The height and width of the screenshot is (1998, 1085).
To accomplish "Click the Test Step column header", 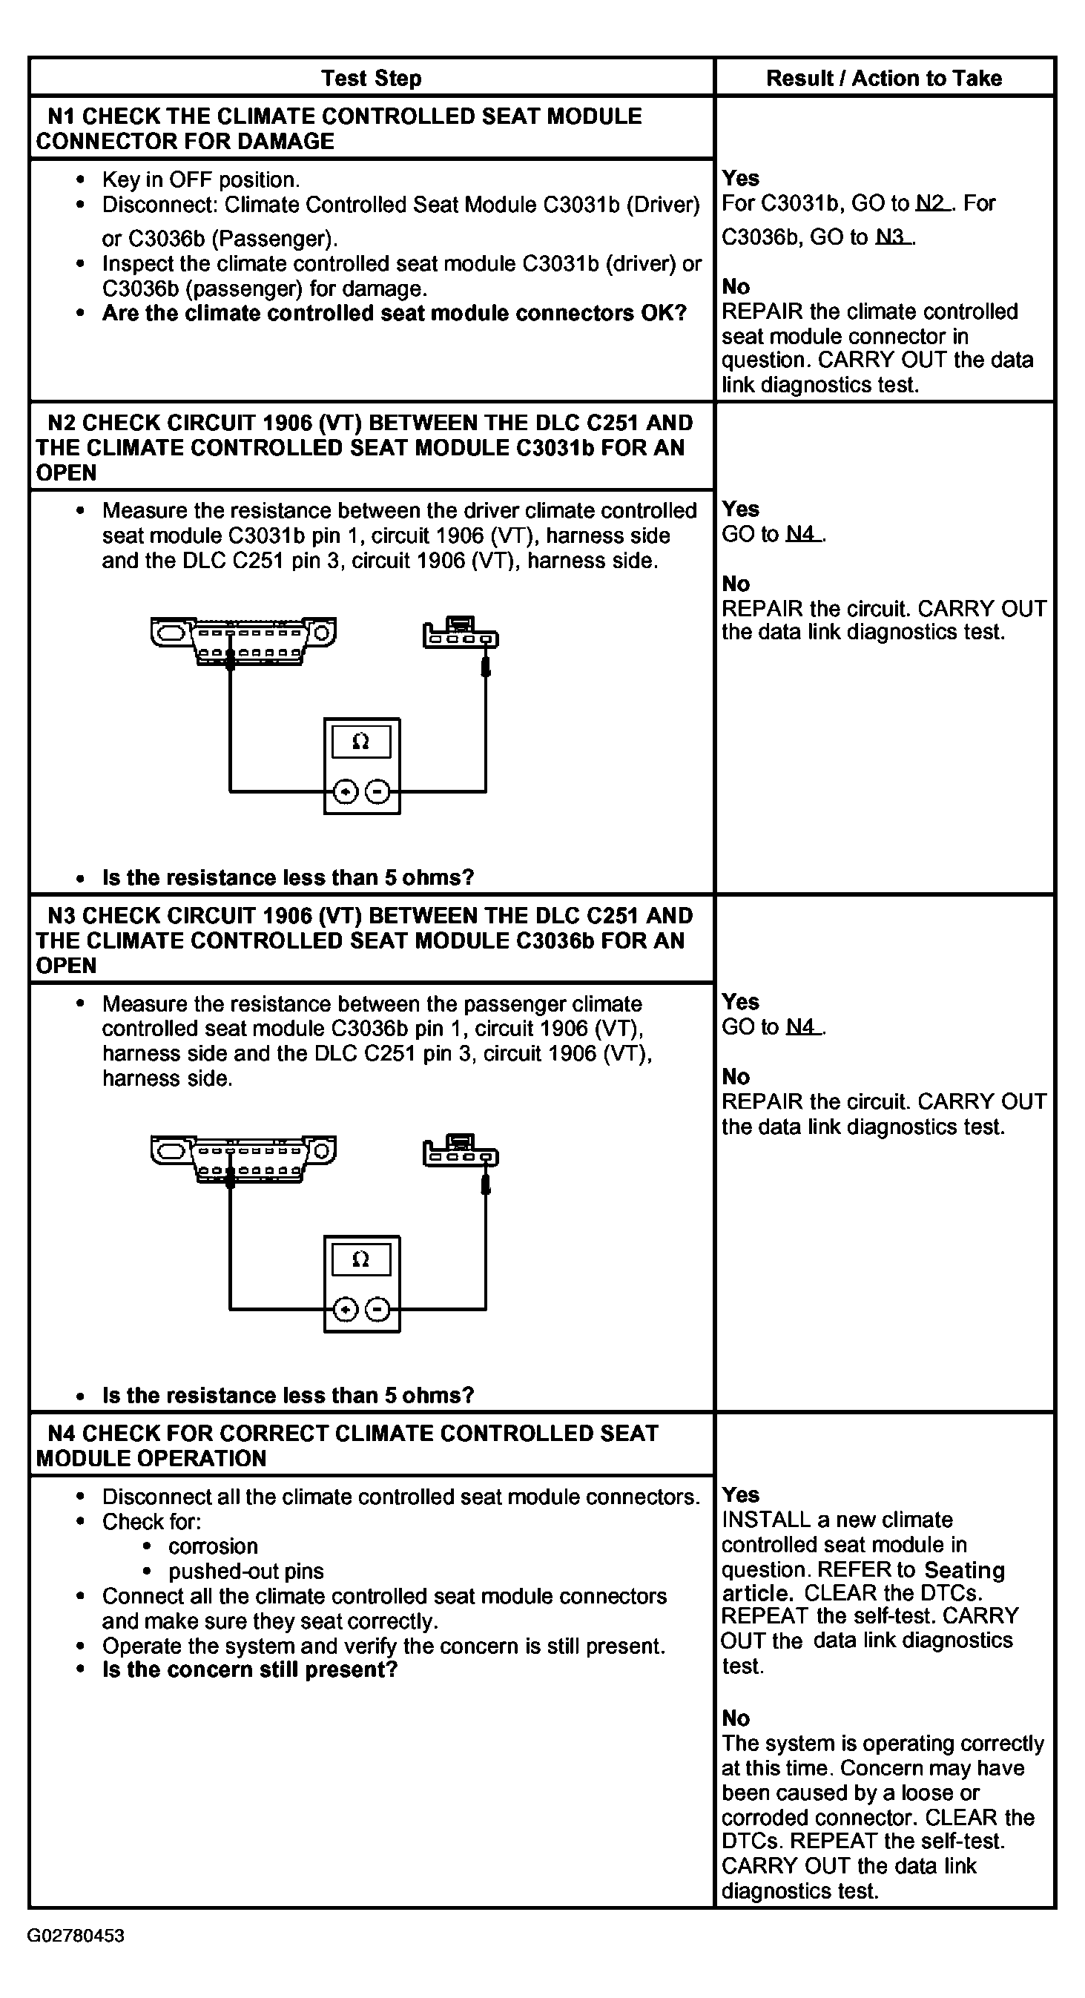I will coord(372,79).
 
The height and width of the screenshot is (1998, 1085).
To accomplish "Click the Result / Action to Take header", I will coord(883,79).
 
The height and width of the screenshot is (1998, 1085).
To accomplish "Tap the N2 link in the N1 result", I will coord(930,204).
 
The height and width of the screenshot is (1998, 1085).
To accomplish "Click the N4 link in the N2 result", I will coord(801,535).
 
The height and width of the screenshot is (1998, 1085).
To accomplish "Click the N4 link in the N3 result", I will coord(801,1027).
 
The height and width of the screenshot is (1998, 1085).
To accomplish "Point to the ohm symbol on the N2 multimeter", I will coord(360,742).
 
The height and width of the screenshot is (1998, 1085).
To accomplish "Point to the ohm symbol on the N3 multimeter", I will coord(360,1259).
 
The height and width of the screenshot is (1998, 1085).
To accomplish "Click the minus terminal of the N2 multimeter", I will coord(377,792).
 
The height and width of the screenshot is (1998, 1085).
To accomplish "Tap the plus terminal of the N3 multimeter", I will coord(345,1310).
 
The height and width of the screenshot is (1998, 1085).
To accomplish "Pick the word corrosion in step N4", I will coord(214,1546).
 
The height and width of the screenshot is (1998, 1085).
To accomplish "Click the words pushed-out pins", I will coord(246,1572).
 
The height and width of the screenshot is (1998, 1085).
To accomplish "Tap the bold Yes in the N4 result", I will coord(741,1494).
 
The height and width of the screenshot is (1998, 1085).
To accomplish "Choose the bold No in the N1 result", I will coord(735,286).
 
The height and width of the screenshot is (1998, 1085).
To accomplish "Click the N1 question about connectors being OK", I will coord(394,314).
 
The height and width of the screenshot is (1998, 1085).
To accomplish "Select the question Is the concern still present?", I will coord(250,1669).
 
